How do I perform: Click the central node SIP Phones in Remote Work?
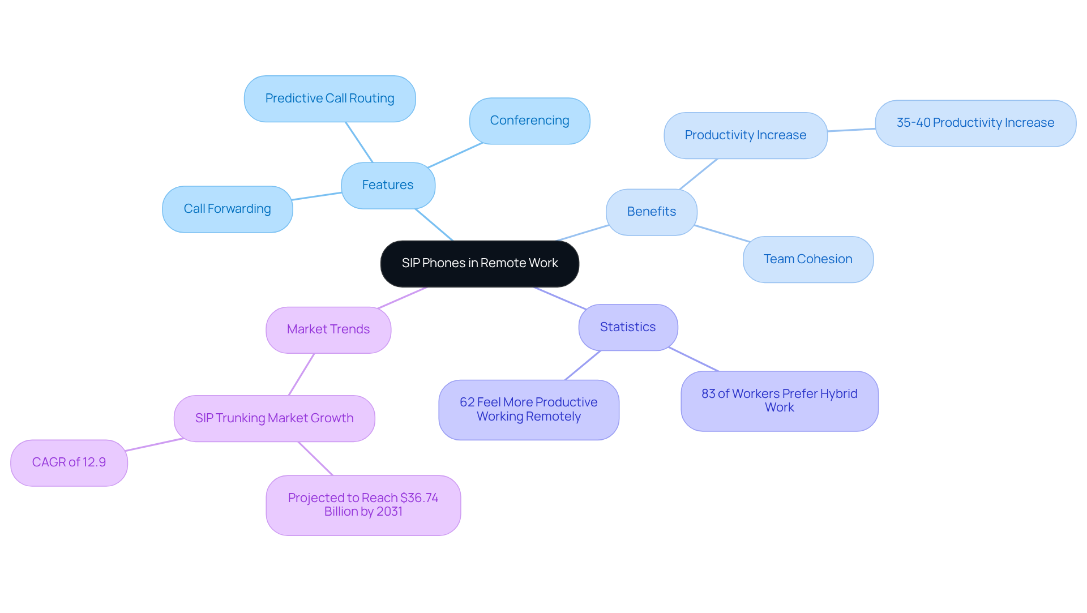[480, 263]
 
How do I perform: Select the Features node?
[388, 185]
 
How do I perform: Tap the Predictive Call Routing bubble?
[329, 98]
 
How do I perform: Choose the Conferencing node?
[529, 121]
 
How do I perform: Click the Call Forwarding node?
[227, 209]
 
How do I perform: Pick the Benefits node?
[651, 212]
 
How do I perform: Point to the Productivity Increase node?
[745, 135]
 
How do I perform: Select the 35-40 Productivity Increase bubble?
[975, 123]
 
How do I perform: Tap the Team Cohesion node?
[808, 259]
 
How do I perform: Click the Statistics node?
[628, 327]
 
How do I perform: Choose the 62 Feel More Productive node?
[528, 409]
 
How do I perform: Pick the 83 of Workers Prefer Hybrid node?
[779, 401]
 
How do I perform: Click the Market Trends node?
[328, 329]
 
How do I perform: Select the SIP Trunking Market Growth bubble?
[274, 418]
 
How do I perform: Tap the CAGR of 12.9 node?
[69, 462]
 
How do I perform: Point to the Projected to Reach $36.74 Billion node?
[363, 505]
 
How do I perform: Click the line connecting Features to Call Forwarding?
[317, 196]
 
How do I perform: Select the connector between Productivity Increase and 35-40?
[851, 130]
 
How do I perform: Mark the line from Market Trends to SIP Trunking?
[301, 374]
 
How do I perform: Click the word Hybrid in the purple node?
[838, 394]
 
